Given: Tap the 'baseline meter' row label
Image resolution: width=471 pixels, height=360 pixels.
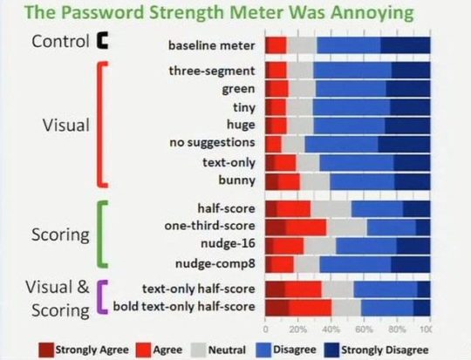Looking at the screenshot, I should [213, 45].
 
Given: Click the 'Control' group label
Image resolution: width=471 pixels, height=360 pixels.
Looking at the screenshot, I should [62, 41].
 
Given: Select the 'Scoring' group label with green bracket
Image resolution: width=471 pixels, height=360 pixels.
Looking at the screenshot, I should [62, 235].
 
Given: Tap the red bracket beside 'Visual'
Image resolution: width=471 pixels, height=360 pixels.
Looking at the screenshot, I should [104, 124].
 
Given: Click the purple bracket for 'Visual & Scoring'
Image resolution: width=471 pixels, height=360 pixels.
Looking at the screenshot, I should [104, 297].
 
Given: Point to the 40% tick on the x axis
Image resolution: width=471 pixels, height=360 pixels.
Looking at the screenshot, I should [331, 330].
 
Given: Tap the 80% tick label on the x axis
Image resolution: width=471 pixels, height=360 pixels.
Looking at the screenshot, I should [397, 330].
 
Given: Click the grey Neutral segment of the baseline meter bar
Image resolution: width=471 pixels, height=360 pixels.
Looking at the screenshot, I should [301, 45].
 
